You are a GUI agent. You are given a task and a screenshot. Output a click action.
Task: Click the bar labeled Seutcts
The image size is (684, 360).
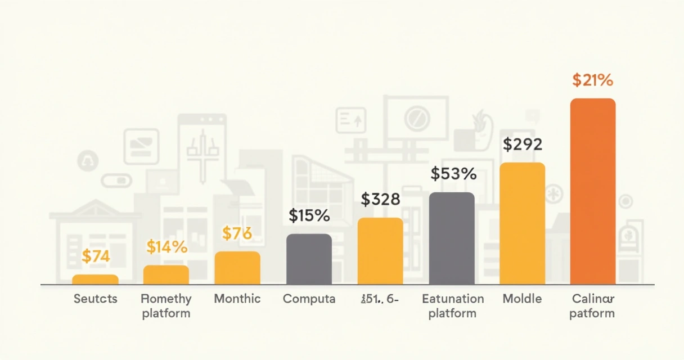click(95, 279)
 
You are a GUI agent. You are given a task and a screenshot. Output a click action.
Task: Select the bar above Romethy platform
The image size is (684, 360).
click(166, 274)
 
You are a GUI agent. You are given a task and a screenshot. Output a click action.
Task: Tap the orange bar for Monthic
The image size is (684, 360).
click(237, 268)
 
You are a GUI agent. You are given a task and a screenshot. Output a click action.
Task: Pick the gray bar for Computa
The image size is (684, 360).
click(309, 259)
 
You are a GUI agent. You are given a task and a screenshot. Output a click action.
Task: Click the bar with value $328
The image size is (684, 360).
click(380, 251)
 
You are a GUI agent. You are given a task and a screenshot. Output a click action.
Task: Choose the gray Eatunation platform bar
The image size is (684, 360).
click(452, 238)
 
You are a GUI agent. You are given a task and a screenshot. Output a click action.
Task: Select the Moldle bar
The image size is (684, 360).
click(523, 223)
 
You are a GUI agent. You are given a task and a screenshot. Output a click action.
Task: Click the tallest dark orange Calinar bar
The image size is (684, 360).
click(593, 191)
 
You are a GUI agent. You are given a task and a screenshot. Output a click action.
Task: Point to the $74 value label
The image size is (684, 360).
click(96, 256)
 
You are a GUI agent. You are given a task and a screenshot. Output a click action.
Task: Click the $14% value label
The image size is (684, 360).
click(166, 246)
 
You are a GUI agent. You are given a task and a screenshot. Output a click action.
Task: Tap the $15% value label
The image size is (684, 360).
click(309, 215)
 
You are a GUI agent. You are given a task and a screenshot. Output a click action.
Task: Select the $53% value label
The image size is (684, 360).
click(453, 174)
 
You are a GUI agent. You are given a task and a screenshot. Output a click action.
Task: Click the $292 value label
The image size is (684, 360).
click(523, 145)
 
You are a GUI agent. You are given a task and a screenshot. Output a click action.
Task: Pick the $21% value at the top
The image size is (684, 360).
click(592, 80)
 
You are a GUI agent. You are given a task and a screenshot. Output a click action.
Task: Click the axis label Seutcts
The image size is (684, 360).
click(96, 299)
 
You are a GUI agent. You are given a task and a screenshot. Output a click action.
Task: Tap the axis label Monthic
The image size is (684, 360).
click(237, 299)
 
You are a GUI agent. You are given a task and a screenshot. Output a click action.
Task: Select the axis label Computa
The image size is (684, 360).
click(309, 299)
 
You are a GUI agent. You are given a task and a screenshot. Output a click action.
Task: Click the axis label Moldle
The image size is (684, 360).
click(522, 299)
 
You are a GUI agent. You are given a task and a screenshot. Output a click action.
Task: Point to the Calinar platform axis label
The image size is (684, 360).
click(592, 306)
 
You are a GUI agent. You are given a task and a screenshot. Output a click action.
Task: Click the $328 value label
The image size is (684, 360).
click(380, 199)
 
